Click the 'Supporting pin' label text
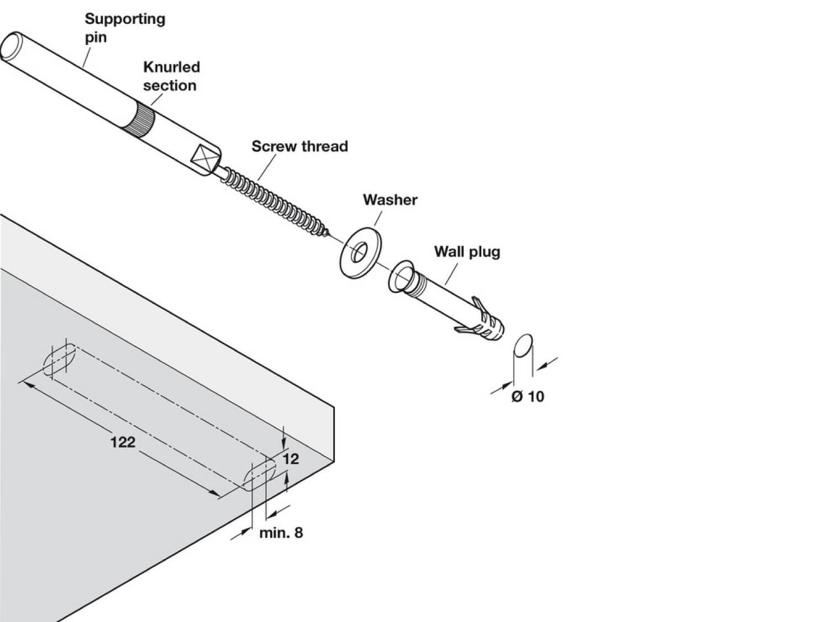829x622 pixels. [124, 27]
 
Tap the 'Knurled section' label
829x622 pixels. [171, 76]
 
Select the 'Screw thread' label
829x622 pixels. [299, 146]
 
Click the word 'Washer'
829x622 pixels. [390, 200]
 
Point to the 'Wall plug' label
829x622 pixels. [467, 252]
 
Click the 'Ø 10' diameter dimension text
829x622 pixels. [528, 396]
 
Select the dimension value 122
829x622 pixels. [123, 442]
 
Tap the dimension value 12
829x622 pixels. [291, 459]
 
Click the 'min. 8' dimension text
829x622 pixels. [281, 532]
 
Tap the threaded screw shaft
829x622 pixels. [273, 201]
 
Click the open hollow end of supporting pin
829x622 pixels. [12, 46]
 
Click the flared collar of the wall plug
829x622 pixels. [401, 276]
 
